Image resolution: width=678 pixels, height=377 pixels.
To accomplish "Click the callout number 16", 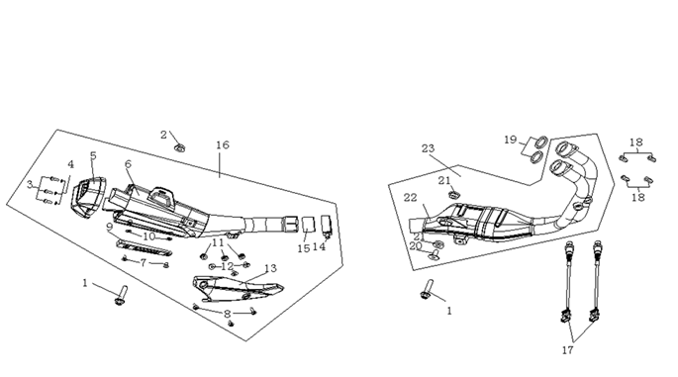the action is pos(223,144).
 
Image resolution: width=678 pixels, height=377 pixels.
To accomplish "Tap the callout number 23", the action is pos(428,148).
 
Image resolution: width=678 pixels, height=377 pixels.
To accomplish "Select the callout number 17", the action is pos(568,349).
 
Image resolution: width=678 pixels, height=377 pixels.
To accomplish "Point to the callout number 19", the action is pos(511,140).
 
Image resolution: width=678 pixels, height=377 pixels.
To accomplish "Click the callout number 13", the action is pos(270,268).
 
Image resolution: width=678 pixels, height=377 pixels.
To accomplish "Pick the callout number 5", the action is pos(93,155).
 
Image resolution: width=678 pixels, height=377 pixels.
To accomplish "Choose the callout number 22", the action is pos(411,198).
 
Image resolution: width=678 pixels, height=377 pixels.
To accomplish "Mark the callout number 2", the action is pos(163,135).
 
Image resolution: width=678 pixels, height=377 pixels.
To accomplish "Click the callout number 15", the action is pos(304,248).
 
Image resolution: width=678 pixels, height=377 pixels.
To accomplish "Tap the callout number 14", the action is pos(319,246).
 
